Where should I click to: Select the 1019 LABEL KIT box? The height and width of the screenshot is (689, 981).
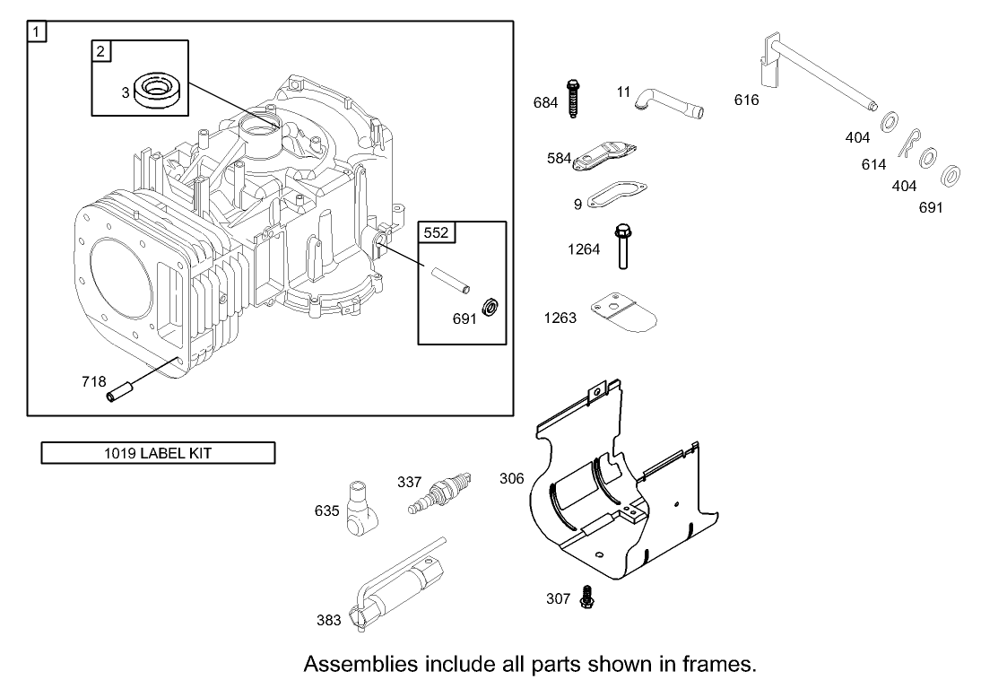(x=158, y=453)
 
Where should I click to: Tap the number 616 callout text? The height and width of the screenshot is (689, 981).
(x=746, y=100)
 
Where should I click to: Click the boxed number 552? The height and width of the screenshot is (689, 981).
(x=437, y=233)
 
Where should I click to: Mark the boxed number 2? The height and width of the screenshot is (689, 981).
(x=100, y=51)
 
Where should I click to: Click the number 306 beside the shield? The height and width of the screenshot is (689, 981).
(x=511, y=479)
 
